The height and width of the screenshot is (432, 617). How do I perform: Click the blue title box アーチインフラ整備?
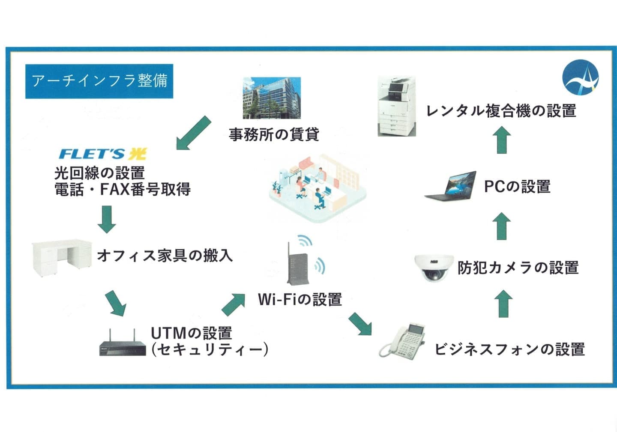pos(99,81)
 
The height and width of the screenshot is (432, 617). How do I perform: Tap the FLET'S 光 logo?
pos(102,154)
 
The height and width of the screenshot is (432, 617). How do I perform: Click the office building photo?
pos(272,98)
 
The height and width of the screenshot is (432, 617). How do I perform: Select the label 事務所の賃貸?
pos(274,134)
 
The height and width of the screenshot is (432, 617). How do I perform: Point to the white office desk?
pos(62,257)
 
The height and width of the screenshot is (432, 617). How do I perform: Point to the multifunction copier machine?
pos(397,107)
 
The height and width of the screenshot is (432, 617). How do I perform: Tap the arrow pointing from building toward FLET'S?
pos(194,133)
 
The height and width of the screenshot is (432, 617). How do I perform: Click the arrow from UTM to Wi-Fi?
pos(234,304)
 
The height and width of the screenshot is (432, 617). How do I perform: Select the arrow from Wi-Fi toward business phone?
pos(359,324)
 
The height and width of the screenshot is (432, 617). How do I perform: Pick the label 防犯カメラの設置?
pos(518,268)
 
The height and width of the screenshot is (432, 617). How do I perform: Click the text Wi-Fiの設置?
pos(300,299)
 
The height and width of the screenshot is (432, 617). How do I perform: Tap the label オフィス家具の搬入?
pos(165,256)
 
